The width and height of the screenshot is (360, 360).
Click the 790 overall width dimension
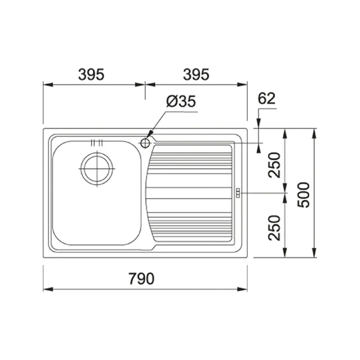click(x=141, y=279)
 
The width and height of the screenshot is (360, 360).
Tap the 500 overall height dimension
click(x=305, y=194)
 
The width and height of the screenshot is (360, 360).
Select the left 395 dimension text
click(x=91, y=74)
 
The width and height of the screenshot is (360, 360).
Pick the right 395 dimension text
click(x=196, y=74)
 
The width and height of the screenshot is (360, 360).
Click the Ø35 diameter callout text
click(x=180, y=102)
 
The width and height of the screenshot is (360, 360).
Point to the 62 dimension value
click(x=266, y=99)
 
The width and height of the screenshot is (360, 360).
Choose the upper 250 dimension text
click(x=274, y=165)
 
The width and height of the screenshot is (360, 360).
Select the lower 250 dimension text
click(x=274, y=227)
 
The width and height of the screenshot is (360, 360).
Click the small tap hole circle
click(x=145, y=143)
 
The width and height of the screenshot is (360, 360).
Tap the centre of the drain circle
click(x=97, y=168)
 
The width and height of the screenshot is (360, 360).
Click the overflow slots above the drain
click(x=97, y=143)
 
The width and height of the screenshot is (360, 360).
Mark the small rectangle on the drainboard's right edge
click(x=238, y=193)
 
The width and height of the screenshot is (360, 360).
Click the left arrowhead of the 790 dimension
click(x=47, y=289)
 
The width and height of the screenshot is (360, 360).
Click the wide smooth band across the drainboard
click(x=191, y=193)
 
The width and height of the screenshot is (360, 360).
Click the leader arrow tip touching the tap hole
click(x=148, y=137)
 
